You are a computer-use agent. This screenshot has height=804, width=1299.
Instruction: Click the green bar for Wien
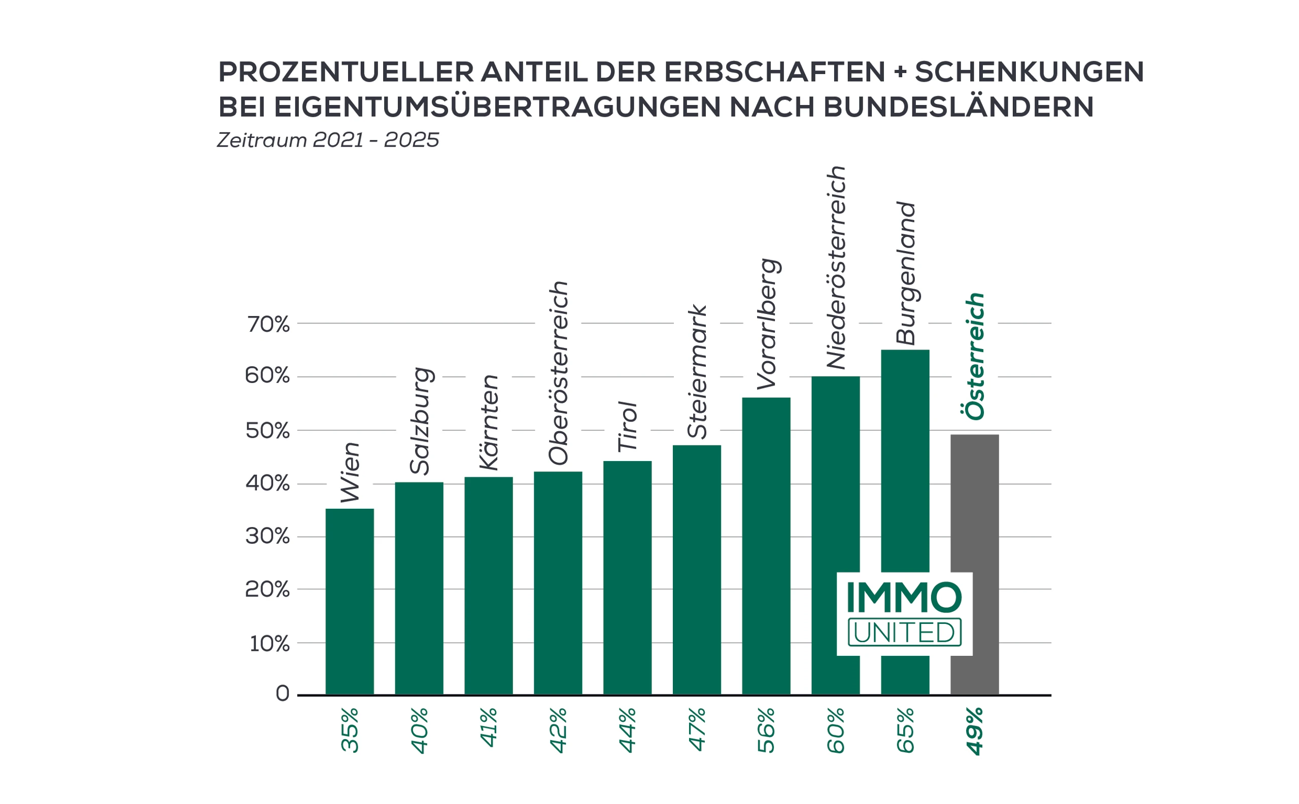(350, 602)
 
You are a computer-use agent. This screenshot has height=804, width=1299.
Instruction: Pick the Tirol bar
(627, 577)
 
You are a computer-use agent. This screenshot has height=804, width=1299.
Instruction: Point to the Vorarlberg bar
(766, 546)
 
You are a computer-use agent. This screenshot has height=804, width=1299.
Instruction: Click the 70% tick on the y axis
(267, 324)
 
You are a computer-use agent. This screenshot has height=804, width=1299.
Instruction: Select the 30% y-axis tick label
(267, 536)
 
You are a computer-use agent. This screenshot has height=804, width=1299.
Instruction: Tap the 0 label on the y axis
(283, 693)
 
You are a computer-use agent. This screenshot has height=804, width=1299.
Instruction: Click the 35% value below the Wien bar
(350, 729)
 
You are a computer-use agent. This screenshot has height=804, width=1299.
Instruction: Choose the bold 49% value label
(975, 731)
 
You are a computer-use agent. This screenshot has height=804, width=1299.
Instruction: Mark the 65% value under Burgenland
(905, 730)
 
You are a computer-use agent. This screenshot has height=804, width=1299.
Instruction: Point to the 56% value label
(767, 730)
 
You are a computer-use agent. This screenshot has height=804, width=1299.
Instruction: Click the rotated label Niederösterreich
(836, 267)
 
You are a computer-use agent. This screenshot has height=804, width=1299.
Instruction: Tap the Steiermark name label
(697, 372)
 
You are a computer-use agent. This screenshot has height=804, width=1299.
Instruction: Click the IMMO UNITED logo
(904, 614)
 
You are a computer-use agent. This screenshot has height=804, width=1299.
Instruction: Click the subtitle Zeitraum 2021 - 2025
(328, 140)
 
